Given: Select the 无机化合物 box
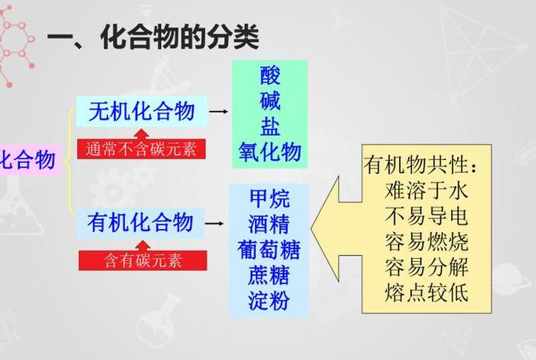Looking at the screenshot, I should (142, 112).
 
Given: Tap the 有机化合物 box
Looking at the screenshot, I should (142, 222).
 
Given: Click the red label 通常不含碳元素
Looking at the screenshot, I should (142, 148).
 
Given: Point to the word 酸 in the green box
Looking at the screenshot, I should (270, 75).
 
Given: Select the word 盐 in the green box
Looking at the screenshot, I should (270, 126).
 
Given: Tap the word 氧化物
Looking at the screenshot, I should (270, 151).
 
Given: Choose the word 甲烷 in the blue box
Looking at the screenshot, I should (270, 199).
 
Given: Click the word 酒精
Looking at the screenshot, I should (270, 224).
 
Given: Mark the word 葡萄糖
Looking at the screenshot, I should (270, 250).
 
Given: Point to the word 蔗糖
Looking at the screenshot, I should (270, 275).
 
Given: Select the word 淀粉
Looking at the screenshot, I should (270, 300).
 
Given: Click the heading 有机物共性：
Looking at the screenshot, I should (421, 165).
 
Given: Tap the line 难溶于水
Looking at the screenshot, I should (427, 190).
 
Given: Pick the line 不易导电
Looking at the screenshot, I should (427, 216).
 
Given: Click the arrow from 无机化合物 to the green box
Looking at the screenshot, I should (218, 112).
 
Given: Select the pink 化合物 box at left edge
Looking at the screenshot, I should (28, 160).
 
